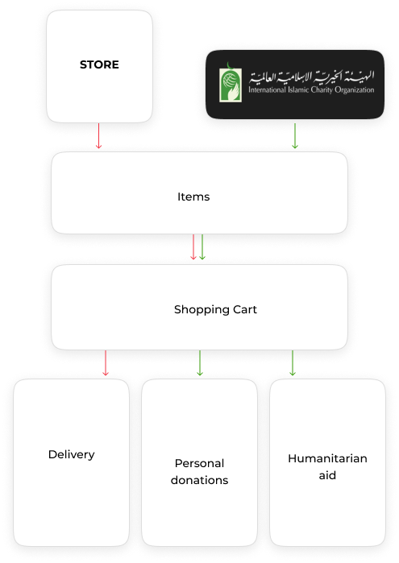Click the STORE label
tap(99, 64)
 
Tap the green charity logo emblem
tap(231, 83)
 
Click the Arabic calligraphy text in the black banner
tap(312, 77)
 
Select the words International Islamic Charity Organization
tap(311, 89)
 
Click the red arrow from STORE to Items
tap(99, 136)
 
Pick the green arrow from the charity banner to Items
tap(295, 136)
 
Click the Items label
tap(193, 197)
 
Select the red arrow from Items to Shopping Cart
tap(193, 247)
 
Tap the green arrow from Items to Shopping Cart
tap(202, 247)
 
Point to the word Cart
tap(245, 309)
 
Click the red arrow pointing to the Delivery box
tap(106, 363)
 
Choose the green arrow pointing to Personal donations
tap(200, 363)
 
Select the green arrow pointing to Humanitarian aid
tap(293, 363)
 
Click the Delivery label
tap(72, 455)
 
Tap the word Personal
tap(200, 463)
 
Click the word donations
tap(200, 480)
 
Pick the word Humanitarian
tap(327, 458)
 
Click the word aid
tap(327, 475)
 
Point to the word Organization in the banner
tap(355, 90)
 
